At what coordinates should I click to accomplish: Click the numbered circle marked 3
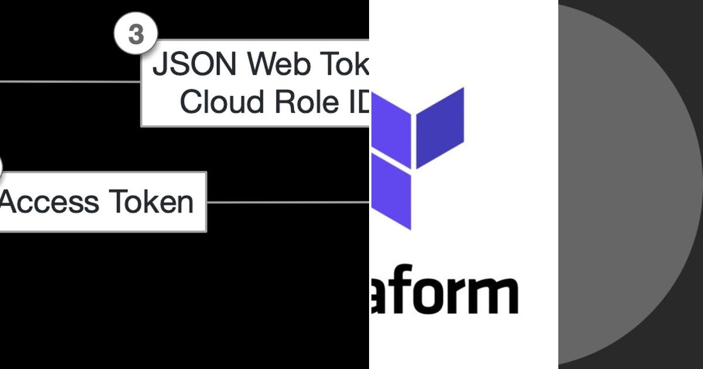(x=135, y=35)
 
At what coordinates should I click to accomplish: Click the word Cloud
(x=222, y=102)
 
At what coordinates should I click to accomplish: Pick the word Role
(x=305, y=102)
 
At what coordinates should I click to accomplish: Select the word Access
(x=49, y=202)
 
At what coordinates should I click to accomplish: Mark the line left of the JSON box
(x=70, y=81)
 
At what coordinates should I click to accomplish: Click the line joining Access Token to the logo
(x=287, y=203)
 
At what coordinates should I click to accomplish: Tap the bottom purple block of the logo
(x=393, y=191)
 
